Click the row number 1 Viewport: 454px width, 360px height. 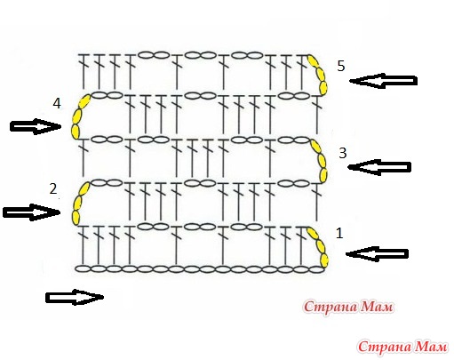point(339,234)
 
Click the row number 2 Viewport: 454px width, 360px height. point(53,188)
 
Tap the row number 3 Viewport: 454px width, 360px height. point(342,153)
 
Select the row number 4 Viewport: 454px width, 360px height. point(57,103)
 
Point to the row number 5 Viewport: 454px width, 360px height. point(341,66)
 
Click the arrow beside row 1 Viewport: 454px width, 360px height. point(377,254)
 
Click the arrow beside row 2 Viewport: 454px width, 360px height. point(31,212)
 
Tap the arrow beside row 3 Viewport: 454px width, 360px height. point(379,167)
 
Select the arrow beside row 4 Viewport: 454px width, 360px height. point(36,126)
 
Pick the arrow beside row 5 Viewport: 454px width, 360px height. point(383,81)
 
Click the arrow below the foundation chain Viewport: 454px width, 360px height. point(75,297)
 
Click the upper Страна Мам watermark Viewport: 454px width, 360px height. point(348,307)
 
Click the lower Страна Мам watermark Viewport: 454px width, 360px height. point(402,347)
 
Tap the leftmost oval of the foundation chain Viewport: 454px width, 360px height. point(83,269)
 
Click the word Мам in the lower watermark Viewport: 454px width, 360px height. point(430,347)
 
